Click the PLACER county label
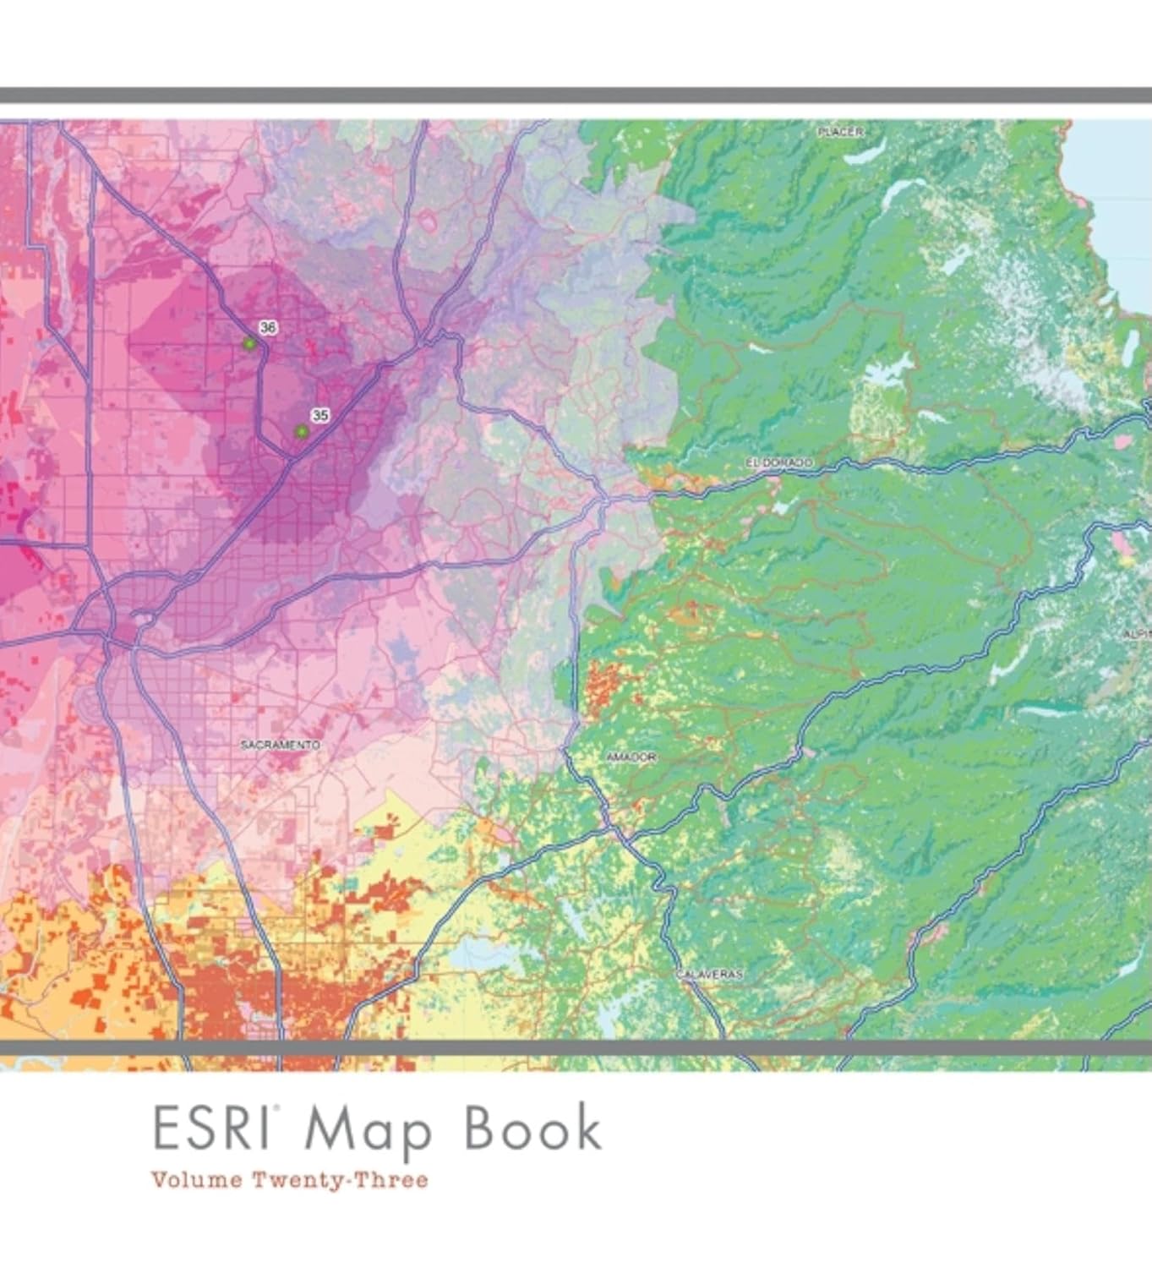840,132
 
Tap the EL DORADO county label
778,462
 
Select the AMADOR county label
631,757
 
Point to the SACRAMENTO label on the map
280,745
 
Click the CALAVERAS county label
709,975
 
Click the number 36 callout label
268,328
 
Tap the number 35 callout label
319,416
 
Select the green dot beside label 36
249,344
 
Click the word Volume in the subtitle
196,1180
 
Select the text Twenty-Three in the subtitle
340,1180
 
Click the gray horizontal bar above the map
576,96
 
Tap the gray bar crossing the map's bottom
576,1048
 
